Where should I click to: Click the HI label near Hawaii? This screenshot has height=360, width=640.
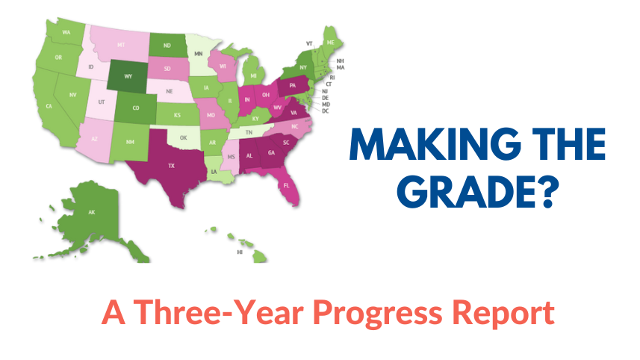[240, 252]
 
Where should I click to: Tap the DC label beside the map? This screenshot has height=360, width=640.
[326, 111]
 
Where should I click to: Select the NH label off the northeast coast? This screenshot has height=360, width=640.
[340, 60]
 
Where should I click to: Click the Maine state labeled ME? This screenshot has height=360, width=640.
[329, 41]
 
